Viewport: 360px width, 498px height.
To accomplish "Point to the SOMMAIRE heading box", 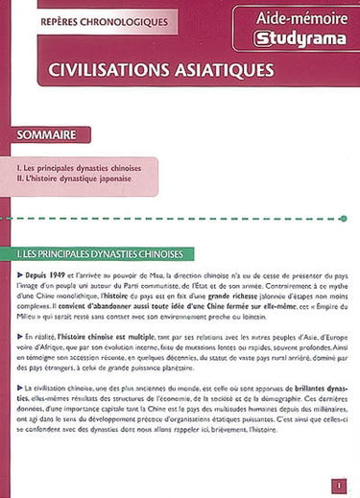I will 53,134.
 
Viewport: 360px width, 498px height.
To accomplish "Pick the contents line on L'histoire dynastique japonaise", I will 87,179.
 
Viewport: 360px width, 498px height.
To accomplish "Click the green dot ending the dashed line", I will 343,219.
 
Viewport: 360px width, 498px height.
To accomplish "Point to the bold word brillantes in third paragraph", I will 295,389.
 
